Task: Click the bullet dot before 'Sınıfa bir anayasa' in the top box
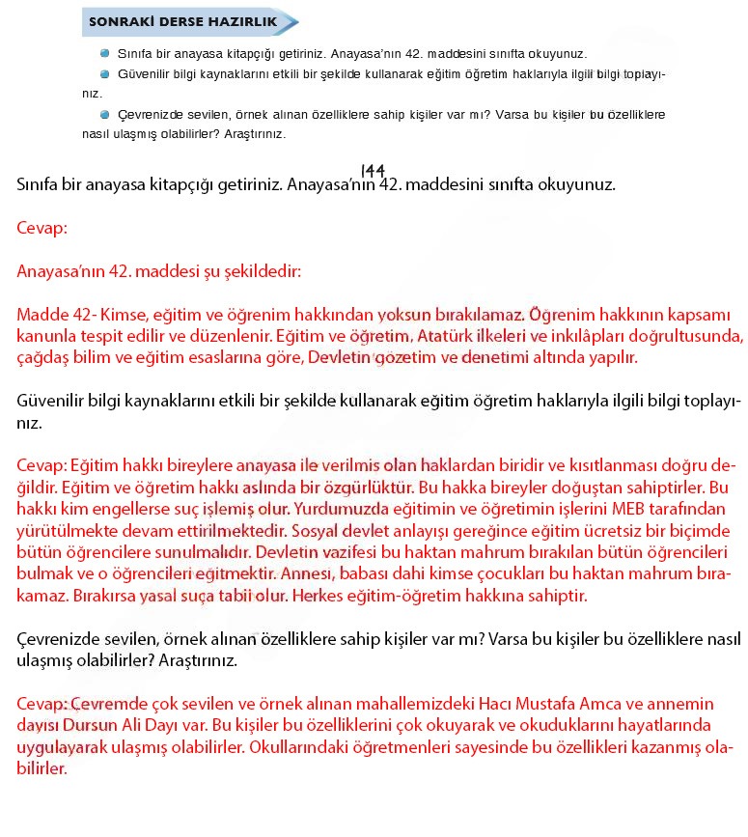coord(105,54)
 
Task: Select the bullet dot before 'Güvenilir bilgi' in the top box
coord(105,73)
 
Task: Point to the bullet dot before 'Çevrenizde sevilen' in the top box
coord(105,114)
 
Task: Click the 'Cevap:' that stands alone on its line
coord(42,229)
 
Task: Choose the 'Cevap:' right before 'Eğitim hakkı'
coord(42,468)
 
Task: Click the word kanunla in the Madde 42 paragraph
coord(46,336)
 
